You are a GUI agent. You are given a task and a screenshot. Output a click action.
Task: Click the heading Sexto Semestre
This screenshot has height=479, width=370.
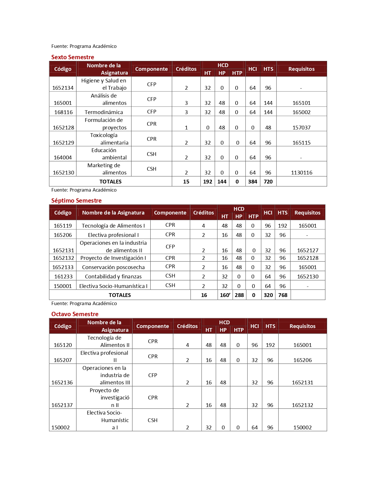click(x=73, y=57)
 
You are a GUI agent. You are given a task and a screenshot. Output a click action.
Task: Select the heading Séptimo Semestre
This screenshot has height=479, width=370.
click(x=76, y=201)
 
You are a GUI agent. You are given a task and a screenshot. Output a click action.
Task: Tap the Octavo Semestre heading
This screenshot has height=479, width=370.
click(x=75, y=314)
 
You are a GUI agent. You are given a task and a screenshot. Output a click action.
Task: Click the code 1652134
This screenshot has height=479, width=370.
click(x=63, y=88)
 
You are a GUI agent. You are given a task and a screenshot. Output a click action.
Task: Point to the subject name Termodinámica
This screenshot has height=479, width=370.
click(x=104, y=112)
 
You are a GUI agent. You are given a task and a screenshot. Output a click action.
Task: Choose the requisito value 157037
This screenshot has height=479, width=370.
click(x=302, y=127)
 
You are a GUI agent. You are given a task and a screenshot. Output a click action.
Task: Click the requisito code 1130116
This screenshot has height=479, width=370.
click(x=302, y=173)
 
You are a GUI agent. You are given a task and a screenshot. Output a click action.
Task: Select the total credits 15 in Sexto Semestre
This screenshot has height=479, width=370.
click(x=186, y=182)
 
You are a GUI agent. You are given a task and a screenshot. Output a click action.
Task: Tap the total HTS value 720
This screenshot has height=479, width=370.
click(x=268, y=182)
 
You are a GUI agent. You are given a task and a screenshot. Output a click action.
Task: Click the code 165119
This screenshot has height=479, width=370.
click(x=63, y=226)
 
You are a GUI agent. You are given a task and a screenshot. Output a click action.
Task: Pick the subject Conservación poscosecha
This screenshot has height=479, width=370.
click(x=113, y=267)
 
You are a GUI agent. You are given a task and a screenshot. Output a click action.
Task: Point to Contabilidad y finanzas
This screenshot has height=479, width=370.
click(x=113, y=277)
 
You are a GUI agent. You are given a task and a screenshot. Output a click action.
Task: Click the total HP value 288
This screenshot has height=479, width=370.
click(x=239, y=295)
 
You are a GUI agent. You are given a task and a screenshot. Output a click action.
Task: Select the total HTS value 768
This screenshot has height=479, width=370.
click(x=283, y=295)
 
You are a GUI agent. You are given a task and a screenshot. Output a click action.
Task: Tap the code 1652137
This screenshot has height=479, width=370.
click(x=62, y=405)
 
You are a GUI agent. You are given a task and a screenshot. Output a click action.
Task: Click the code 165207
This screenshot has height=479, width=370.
click(x=63, y=360)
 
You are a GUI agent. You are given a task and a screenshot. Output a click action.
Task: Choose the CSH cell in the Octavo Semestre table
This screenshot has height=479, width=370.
click(x=153, y=420)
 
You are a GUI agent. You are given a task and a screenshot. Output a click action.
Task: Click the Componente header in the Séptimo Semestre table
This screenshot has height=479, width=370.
click(x=170, y=213)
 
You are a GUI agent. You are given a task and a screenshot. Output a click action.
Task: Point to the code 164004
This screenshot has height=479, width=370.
click(x=63, y=158)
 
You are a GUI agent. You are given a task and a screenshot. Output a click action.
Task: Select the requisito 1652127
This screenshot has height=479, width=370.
click(x=308, y=251)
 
